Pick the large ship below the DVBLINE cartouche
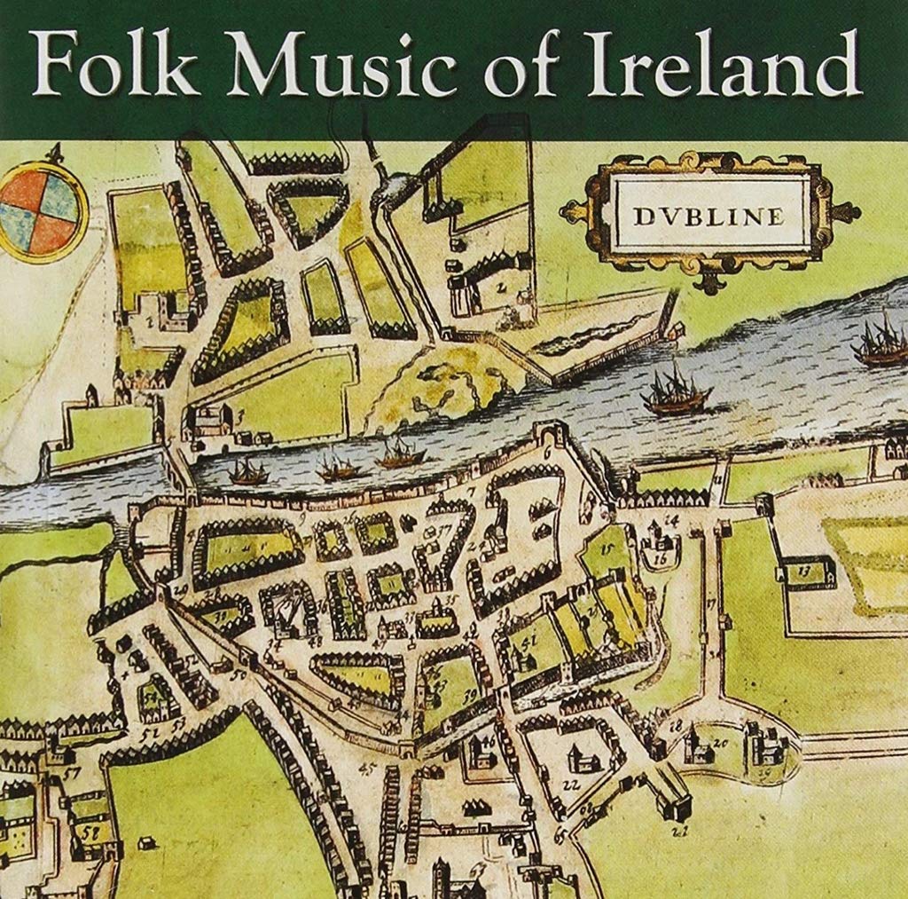click(676, 392)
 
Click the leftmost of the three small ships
click(249, 472)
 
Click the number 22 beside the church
click(570, 784)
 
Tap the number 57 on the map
click(72, 773)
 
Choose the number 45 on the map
click(367, 769)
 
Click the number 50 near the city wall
click(238, 675)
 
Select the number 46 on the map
click(489, 741)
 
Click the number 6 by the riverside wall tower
click(547, 453)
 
